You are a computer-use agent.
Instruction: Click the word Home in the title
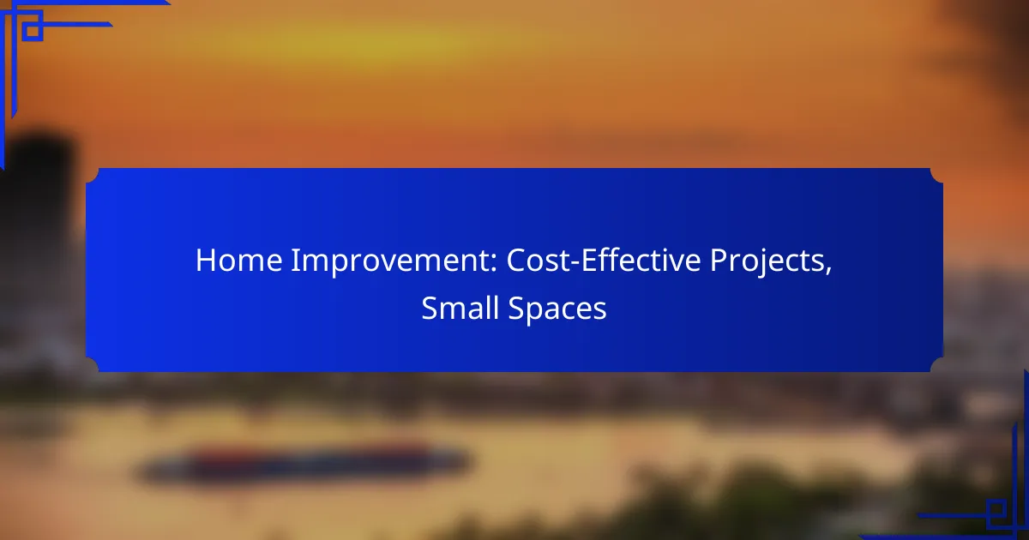[x=239, y=261]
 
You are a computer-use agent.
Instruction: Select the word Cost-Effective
[x=604, y=260]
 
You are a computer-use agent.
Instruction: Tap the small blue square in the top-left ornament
[x=33, y=31]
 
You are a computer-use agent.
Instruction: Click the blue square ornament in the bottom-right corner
[x=996, y=511]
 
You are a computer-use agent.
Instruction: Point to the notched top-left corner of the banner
[x=93, y=175]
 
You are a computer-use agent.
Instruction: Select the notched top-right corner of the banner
[x=936, y=175]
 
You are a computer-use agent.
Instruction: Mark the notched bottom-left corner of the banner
[x=93, y=365]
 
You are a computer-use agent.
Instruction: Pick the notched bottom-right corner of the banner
[x=936, y=365]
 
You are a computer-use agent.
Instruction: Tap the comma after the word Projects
[x=828, y=271]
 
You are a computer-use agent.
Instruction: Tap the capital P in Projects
[x=719, y=261]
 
